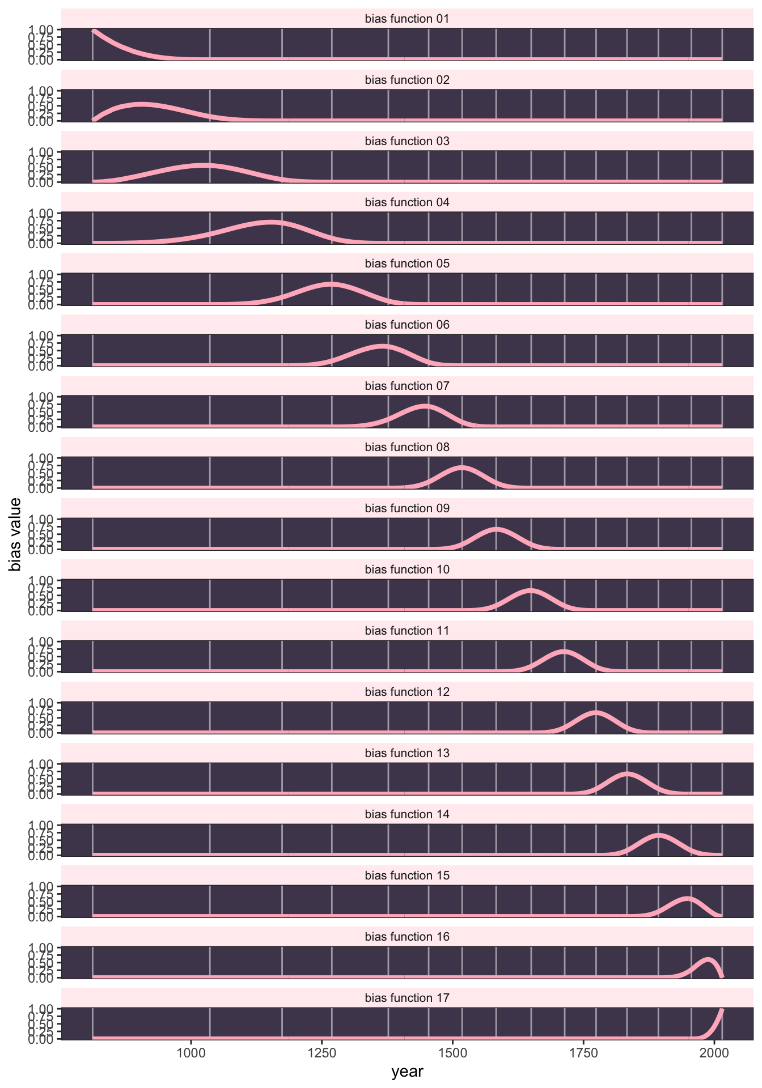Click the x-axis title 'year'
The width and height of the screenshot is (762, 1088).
pyautogui.click(x=407, y=1072)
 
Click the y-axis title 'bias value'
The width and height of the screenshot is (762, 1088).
pyautogui.click(x=15, y=534)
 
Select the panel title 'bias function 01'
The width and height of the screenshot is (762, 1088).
pyautogui.click(x=407, y=19)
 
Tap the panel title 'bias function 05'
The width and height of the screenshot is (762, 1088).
pyautogui.click(x=407, y=264)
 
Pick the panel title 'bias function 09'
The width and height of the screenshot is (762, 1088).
pyautogui.click(x=407, y=509)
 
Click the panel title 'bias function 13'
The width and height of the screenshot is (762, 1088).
pyautogui.click(x=407, y=754)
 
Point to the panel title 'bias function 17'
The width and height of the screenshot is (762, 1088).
pyautogui.click(x=407, y=998)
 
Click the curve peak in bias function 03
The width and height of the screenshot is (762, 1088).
pyautogui.click(x=203, y=165)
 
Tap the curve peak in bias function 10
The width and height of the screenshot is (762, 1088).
pyautogui.click(x=531, y=590)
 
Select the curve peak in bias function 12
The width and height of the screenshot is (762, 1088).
pyautogui.click(x=596, y=712)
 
